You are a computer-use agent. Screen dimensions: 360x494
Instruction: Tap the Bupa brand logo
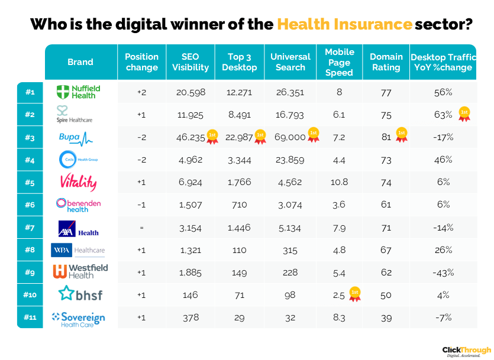(76, 138)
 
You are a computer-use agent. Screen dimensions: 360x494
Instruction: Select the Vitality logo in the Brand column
(78, 182)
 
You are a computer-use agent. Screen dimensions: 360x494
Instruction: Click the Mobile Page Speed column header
(340, 63)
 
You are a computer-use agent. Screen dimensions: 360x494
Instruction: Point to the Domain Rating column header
(386, 62)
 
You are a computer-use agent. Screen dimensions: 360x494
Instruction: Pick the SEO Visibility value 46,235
(191, 137)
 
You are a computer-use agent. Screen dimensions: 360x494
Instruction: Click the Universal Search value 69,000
(290, 137)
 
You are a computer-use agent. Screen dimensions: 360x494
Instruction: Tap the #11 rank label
(30, 317)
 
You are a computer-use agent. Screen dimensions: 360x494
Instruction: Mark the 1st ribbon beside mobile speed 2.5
(355, 294)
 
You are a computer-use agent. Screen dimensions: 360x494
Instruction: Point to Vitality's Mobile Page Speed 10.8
(340, 183)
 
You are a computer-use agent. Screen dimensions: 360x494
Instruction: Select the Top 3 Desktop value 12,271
(240, 92)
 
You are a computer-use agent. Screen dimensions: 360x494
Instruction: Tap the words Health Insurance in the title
(344, 25)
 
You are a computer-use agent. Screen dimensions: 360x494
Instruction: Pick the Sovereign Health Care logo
(78, 318)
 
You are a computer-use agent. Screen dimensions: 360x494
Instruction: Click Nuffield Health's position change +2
(141, 92)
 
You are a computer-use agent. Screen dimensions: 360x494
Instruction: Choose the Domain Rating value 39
(386, 317)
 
